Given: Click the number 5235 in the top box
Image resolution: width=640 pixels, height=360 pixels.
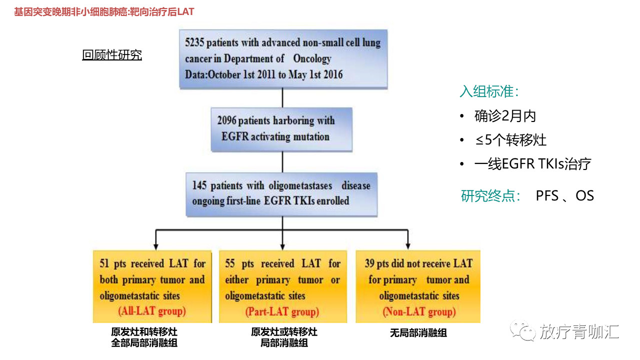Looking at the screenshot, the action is (194, 42).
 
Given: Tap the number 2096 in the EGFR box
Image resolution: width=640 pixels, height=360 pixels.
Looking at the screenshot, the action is (227, 120).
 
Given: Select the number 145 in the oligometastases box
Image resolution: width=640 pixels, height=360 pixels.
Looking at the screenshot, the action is (199, 185).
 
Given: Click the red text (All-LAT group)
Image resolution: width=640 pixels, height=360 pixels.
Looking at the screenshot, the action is (152, 311).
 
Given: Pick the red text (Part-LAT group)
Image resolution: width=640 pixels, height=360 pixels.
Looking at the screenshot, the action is (282, 311).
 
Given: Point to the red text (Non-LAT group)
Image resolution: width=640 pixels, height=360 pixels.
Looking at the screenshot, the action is (419, 311).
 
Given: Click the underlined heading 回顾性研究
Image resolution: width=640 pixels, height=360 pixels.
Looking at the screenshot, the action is (112, 55).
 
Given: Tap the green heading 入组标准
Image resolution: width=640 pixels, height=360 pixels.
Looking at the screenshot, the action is (489, 91).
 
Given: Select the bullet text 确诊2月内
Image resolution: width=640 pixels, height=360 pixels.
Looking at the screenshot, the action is (505, 115).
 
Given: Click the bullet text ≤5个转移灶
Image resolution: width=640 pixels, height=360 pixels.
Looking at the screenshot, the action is (510, 140).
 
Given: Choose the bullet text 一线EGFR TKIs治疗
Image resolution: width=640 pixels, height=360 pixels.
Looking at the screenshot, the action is (533, 164).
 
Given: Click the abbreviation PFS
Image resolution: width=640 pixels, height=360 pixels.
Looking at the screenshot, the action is (547, 196).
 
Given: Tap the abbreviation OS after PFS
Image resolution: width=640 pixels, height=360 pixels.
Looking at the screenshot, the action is (585, 196).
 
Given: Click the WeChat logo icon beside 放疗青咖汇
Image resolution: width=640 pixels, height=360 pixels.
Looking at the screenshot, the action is (522, 330).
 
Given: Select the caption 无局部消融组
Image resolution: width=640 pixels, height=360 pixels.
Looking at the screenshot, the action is (418, 333).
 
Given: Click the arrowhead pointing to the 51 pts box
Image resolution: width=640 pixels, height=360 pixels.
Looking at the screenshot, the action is (155, 246).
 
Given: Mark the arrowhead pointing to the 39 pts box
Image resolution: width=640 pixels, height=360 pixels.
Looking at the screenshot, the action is (408, 246).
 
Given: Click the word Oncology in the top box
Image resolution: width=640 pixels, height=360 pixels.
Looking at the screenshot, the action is (312, 58).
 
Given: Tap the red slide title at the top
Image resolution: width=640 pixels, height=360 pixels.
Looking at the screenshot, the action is (104, 12).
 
